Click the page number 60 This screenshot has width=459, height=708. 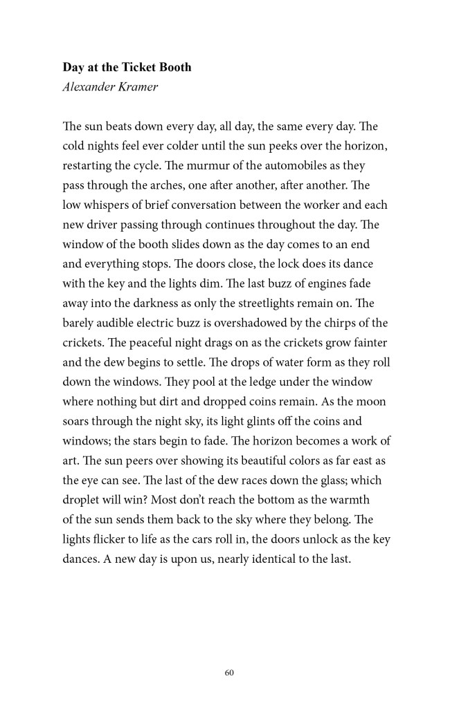tap(229, 672)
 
